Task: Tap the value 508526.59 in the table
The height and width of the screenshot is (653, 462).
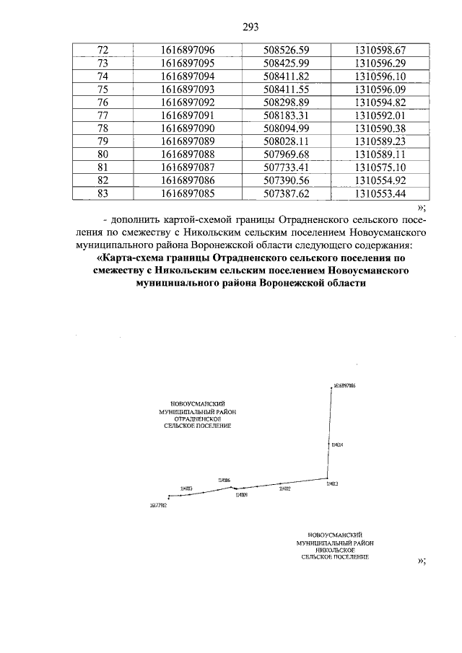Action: coord(287,50)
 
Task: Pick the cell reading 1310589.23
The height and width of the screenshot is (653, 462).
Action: coord(380,141)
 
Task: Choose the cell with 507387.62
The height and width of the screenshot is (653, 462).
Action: coord(287,193)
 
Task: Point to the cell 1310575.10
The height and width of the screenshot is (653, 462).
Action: coord(380,167)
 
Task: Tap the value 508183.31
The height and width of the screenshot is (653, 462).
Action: coord(287,115)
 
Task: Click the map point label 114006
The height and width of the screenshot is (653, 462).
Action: coord(224,479)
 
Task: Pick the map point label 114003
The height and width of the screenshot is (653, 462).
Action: coord(186,488)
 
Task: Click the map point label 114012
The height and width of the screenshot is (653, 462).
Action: coord(285,488)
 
